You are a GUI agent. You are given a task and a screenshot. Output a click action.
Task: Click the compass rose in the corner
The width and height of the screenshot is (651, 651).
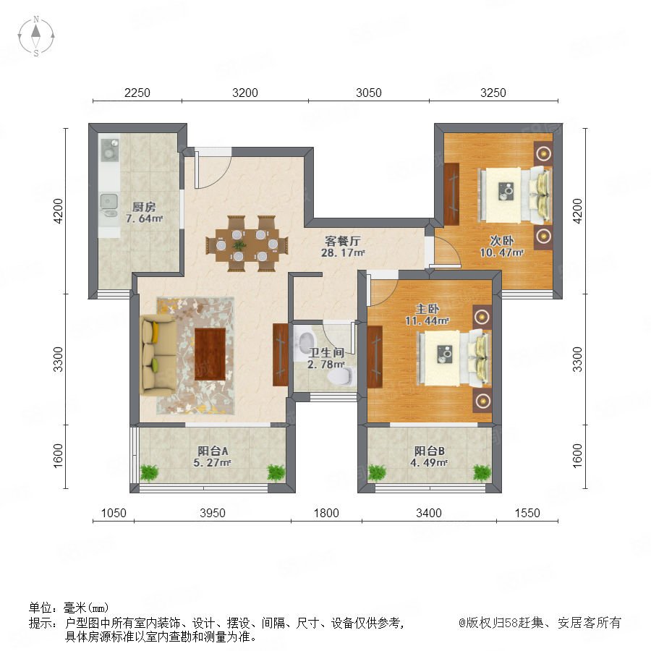[x=36, y=36]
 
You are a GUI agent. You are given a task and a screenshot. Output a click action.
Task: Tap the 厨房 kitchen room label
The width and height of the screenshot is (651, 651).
[x=144, y=206]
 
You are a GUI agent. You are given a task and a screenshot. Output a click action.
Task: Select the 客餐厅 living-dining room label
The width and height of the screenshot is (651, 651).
[x=343, y=241]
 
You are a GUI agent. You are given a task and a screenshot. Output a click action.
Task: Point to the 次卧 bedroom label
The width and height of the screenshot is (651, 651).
[x=501, y=240]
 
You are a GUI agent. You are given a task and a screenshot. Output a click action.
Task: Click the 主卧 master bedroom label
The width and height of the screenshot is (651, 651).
[x=427, y=308]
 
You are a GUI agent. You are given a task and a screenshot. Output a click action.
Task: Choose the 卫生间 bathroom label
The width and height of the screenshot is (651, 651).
[x=326, y=353]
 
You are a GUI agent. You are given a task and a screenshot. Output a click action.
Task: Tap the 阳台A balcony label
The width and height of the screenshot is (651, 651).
[x=213, y=451]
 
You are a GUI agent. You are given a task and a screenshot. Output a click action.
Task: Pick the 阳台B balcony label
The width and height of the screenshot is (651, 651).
[x=429, y=451]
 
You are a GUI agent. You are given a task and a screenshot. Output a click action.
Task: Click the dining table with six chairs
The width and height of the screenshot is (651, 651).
[x=247, y=244]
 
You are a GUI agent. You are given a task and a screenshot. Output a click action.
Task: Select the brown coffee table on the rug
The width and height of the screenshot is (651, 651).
[x=210, y=354]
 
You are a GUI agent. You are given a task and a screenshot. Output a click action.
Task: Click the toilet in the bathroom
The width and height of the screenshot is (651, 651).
[x=341, y=375]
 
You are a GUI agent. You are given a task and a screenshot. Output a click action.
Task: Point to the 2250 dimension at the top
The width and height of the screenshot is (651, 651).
[x=137, y=93]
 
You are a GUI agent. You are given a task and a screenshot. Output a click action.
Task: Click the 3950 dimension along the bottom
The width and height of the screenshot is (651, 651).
[x=212, y=513]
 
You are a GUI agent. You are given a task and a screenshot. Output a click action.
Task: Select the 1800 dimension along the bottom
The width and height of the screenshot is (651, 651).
[x=326, y=513]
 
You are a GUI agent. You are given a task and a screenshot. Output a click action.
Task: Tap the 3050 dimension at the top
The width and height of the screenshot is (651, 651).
[x=369, y=93]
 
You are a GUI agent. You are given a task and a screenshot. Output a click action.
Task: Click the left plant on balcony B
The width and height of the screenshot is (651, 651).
[x=377, y=472]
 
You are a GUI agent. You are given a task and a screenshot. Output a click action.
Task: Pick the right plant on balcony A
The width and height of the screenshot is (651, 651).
[x=276, y=472]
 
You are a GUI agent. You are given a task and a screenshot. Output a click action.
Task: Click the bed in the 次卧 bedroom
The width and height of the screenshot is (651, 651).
[x=515, y=195]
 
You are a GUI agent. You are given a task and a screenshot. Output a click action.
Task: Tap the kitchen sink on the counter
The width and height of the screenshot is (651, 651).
[x=109, y=206]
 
